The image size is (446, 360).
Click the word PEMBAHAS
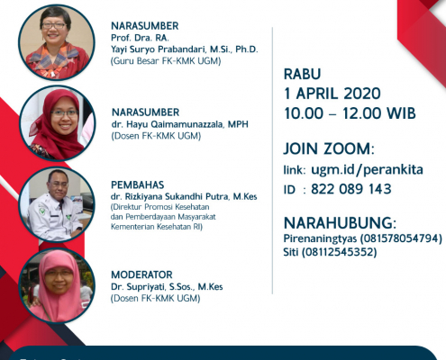click(138, 184)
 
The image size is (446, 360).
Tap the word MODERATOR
click(141, 274)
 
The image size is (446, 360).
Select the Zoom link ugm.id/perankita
click(367, 170)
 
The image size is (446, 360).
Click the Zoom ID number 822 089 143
click(351, 189)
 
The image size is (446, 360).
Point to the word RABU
click(303, 74)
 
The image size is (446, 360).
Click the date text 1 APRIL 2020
click(332, 94)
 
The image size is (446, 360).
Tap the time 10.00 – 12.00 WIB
click(350, 113)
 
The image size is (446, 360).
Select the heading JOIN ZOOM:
click(329, 148)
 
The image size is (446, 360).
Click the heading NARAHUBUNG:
click(340, 223)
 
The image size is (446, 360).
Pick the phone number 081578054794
click(401, 238)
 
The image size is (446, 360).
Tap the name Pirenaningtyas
click(320, 238)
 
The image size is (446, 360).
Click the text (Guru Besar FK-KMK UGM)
click(166, 61)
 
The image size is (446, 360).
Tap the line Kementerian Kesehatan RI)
click(157, 227)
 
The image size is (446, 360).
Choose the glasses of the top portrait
click(53, 26)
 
